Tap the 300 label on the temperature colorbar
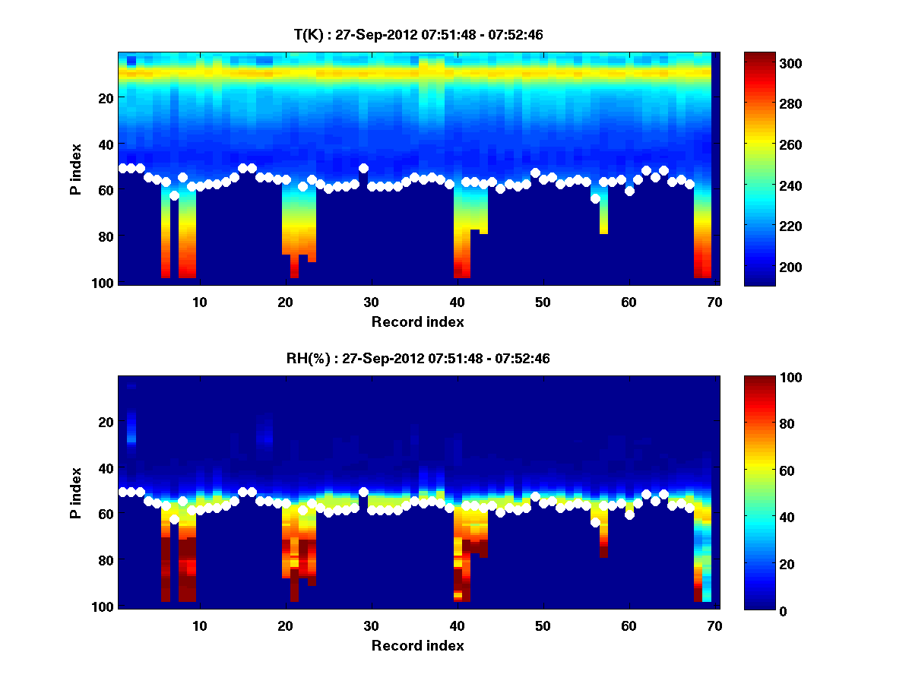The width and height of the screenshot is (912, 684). tap(766, 63)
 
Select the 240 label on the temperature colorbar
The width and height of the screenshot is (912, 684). tap(766, 185)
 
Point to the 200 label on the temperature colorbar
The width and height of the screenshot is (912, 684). tap(766, 267)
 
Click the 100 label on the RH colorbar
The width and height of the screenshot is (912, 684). tap(766, 378)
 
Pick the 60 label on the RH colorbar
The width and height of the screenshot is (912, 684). tap(763, 471)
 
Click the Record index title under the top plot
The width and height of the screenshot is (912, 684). tap(417, 321)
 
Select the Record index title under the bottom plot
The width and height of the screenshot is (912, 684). tap(417, 646)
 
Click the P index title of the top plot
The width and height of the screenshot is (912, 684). tap(76, 167)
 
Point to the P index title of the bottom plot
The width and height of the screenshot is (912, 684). tap(76, 492)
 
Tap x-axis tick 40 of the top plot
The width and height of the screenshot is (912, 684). tap(457, 302)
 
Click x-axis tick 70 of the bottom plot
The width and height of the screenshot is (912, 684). tap(714, 626)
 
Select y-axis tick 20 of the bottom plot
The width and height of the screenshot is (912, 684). tap(106, 422)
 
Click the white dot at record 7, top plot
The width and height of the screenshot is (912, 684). tap(174, 195)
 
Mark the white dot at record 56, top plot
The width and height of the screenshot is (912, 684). tap(595, 198)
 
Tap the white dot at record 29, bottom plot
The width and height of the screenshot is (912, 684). tap(363, 492)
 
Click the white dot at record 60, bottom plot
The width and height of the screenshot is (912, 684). tap(629, 515)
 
